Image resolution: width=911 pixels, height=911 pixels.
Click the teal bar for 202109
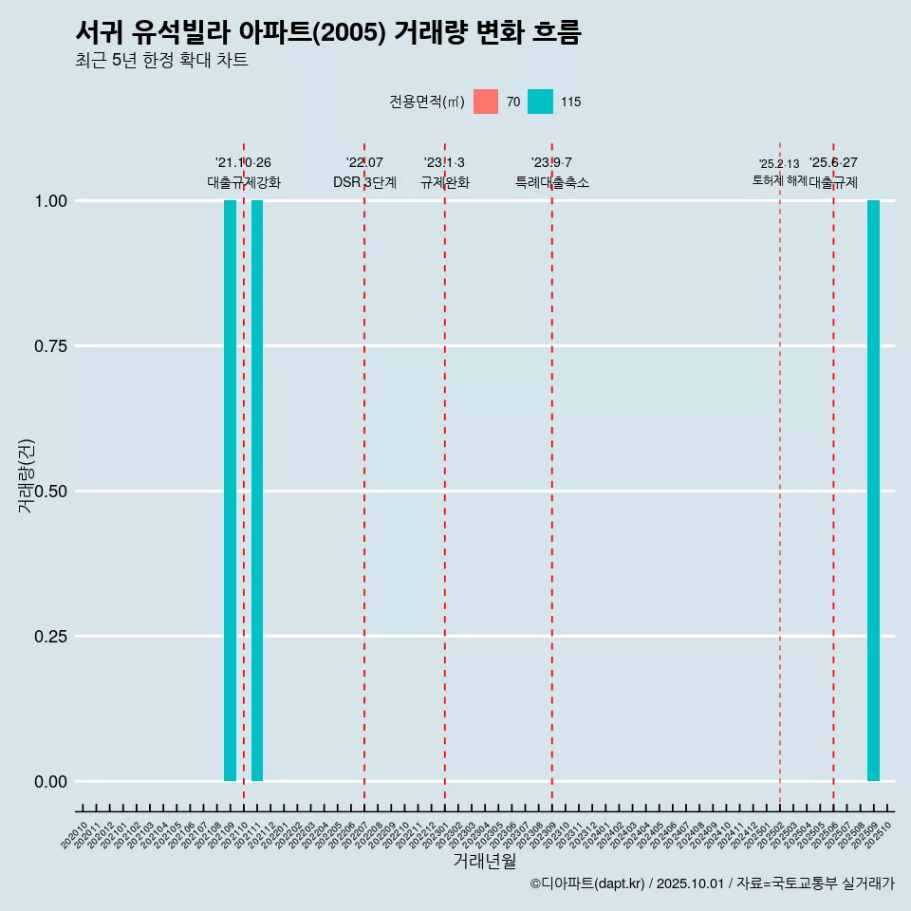click(x=230, y=491)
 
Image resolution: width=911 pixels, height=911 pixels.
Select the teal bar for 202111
click(x=257, y=491)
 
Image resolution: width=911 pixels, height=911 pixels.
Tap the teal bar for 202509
click(x=873, y=491)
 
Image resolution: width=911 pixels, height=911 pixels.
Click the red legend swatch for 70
click(x=486, y=102)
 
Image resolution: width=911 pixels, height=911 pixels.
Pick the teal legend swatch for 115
click(x=540, y=102)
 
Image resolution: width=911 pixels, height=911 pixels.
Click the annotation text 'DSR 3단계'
click(x=364, y=182)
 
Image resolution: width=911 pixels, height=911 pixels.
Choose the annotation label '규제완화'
click(x=445, y=182)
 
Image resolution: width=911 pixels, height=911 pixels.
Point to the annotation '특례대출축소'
click(x=552, y=182)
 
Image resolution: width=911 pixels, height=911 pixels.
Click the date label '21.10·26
click(x=243, y=163)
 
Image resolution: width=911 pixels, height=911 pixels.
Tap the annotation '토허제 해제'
click(x=779, y=179)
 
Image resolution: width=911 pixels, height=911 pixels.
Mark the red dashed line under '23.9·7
click(x=552, y=474)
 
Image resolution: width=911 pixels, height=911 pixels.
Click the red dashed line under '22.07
click(x=364, y=474)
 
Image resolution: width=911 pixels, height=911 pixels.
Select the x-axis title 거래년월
click(x=485, y=861)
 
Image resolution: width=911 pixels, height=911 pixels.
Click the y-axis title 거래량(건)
click(x=26, y=474)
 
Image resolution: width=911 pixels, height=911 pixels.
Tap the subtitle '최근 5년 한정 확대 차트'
click(x=161, y=61)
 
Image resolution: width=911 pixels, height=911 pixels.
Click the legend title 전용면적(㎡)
click(x=426, y=102)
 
